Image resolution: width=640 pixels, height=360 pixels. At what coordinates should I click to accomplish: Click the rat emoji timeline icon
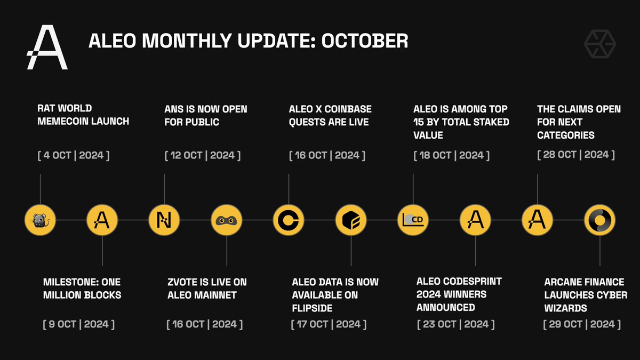pyautogui.click(x=41, y=220)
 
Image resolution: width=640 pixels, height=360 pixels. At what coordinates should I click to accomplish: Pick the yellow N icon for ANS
pyautogui.click(x=164, y=220)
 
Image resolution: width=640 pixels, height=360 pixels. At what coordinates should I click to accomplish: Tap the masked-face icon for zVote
pyautogui.click(x=227, y=220)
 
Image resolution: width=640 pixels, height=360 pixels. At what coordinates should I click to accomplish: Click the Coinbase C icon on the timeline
pyautogui.click(x=289, y=220)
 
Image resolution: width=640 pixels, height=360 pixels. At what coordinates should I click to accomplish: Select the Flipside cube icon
pyautogui.click(x=351, y=220)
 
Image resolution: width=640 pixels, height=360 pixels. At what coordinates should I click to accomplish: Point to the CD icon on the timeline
pyautogui.click(x=413, y=220)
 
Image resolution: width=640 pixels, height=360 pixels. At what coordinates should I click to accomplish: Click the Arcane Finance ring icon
pyautogui.click(x=599, y=220)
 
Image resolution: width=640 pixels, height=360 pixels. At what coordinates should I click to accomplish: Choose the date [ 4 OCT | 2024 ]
pyautogui.click(x=74, y=155)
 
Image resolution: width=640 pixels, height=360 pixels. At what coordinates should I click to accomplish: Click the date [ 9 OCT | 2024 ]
pyautogui.click(x=78, y=324)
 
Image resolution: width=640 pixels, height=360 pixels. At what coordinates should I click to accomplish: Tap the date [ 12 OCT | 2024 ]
pyautogui.click(x=203, y=155)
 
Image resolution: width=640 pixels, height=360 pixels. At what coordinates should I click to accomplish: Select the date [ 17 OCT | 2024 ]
pyautogui.click(x=329, y=324)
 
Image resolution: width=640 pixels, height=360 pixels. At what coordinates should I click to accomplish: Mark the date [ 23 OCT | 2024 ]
pyautogui.click(x=455, y=324)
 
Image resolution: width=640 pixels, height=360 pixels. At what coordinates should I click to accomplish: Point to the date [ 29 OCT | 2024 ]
pyautogui.click(x=582, y=324)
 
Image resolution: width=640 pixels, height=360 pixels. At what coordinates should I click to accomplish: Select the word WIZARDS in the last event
pyautogui.click(x=569, y=308)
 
